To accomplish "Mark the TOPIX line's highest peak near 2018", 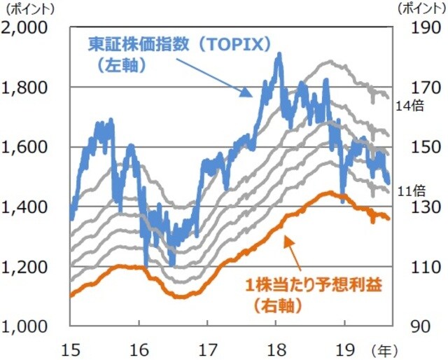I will coord(279,54).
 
